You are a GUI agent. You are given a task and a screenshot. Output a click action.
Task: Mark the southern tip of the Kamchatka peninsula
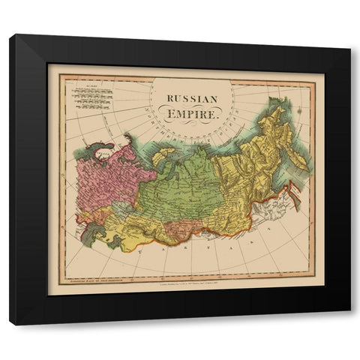click(x=295, y=164)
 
